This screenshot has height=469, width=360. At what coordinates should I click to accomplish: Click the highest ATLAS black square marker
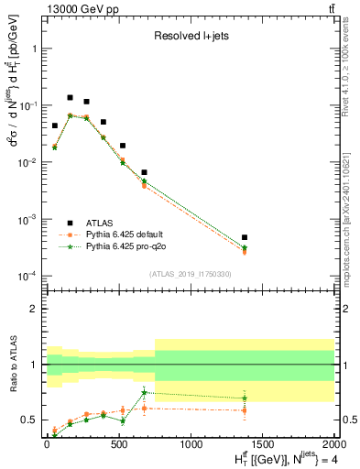click(x=71, y=97)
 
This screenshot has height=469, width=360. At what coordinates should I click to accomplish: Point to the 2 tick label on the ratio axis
click(x=33, y=309)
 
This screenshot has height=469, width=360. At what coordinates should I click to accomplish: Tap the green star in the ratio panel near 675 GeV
click(x=144, y=393)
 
